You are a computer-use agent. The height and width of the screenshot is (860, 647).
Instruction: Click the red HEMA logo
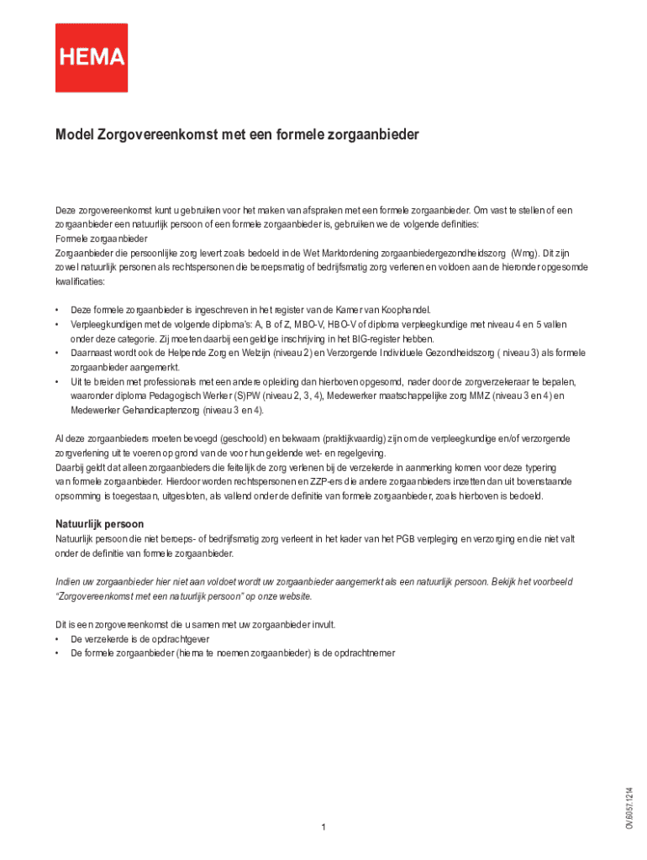[x=92, y=57]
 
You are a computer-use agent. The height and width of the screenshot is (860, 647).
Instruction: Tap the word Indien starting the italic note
[x=68, y=582]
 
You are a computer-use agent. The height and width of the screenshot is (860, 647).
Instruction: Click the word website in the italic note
[x=294, y=596]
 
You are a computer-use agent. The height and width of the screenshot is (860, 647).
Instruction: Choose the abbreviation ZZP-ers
[x=323, y=482]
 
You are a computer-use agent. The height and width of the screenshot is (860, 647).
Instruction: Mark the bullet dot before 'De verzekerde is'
[x=58, y=639]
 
